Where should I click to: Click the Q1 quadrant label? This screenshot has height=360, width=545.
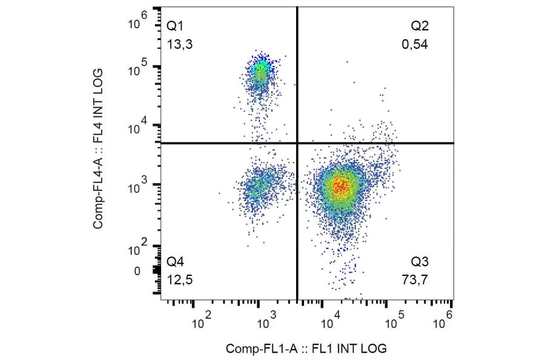174,26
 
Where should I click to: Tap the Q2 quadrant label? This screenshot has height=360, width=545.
420,26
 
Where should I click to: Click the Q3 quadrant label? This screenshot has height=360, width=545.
420,262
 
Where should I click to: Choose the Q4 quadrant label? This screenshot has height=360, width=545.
174,262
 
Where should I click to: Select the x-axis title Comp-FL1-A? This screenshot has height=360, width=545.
306,348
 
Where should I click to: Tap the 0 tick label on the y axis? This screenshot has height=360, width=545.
137,271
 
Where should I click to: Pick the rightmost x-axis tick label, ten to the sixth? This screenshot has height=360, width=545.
443,319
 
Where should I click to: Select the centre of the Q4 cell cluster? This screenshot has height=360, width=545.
257,188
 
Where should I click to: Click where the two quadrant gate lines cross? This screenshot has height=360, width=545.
297,143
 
